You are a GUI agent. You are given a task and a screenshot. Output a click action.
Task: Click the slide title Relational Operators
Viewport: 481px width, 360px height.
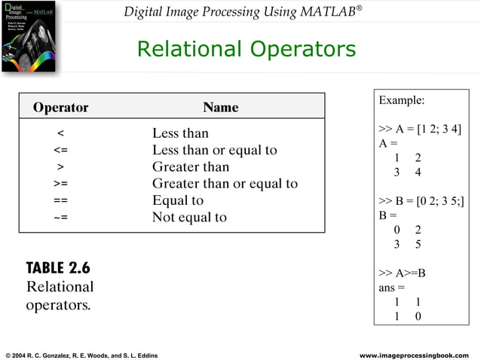tap(246, 49)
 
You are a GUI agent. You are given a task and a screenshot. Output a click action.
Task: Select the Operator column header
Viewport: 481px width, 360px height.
tap(60, 108)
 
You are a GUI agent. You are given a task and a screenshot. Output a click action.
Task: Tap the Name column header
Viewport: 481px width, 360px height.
tap(220, 108)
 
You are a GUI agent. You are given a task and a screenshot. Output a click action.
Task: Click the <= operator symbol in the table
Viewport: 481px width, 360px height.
tap(60, 151)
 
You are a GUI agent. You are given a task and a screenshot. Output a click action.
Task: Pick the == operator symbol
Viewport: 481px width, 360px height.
tap(60, 201)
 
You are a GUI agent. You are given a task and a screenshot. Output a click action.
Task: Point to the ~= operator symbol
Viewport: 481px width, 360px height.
tap(60, 218)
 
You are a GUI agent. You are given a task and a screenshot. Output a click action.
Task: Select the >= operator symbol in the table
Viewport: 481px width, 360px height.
tap(60, 184)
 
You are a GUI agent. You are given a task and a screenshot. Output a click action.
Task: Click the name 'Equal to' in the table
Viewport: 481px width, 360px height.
tap(178, 200)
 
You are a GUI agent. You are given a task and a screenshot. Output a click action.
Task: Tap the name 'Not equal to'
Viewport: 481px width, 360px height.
tap(189, 218)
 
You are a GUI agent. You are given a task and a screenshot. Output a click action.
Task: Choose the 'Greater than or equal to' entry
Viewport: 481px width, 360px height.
tap(225, 184)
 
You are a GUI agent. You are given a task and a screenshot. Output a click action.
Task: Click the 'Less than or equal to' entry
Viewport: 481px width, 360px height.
tap(214, 150)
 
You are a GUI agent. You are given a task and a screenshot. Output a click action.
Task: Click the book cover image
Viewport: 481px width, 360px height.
tap(28, 38)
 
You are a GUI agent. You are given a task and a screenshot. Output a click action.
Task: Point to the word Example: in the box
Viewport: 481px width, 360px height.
tap(401, 100)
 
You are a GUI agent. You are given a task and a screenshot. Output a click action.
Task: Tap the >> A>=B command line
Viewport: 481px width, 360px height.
tap(402, 273)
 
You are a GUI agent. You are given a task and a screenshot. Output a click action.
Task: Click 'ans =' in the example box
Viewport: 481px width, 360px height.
tap(391, 287)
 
